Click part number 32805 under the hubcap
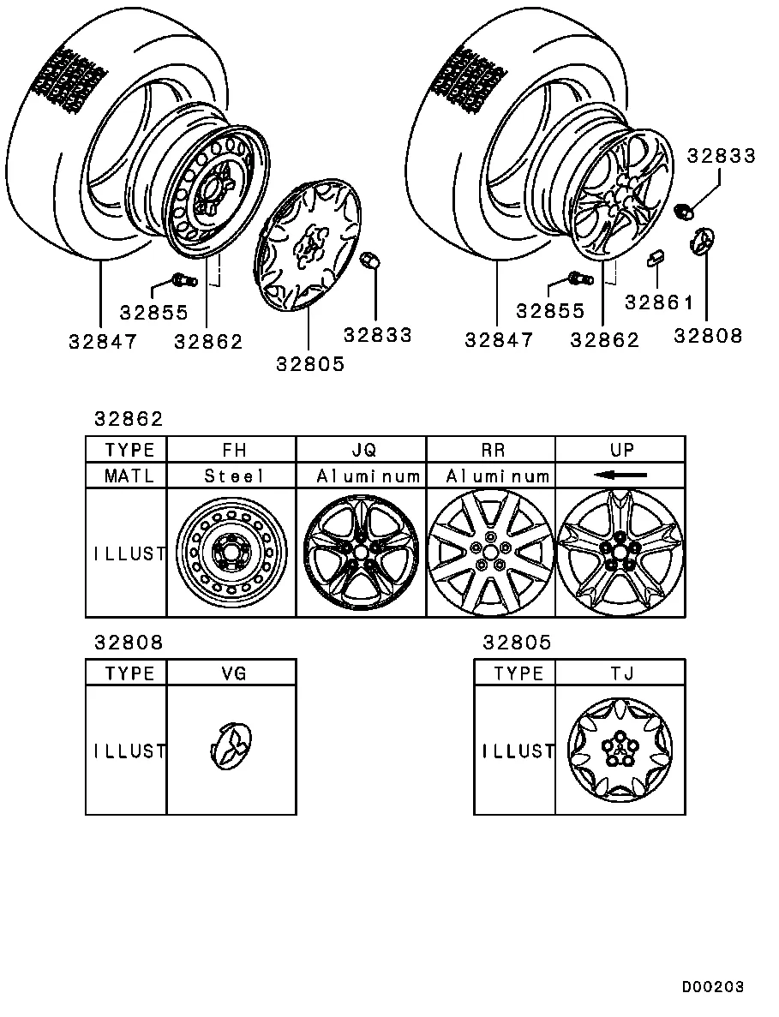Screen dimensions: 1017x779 (x=310, y=363)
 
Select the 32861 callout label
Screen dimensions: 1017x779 (x=658, y=302)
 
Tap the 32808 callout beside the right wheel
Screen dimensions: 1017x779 (x=708, y=336)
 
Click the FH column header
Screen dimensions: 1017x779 (x=231, y=450)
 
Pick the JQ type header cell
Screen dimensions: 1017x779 (x=361, y=450)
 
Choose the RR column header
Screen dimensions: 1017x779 (x=490, y=450)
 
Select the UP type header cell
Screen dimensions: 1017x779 (x=620, y=450)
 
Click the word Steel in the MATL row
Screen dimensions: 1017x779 (x=231, y=476)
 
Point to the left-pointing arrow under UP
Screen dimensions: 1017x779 (x=620, y=475)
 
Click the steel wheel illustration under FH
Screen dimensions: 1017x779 (x=231, y=553)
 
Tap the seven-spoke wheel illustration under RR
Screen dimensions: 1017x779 (x=490, y=553)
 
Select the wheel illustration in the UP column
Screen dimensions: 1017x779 (x=620, y=553)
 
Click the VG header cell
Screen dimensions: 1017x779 (x=231, y=673)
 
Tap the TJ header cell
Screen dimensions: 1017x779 (x=620, y=673)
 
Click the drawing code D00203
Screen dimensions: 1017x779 (x=712, y=987)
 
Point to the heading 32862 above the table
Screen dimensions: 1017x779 (x=128, y=420)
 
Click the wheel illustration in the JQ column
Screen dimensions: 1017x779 (x=361, y=553)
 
